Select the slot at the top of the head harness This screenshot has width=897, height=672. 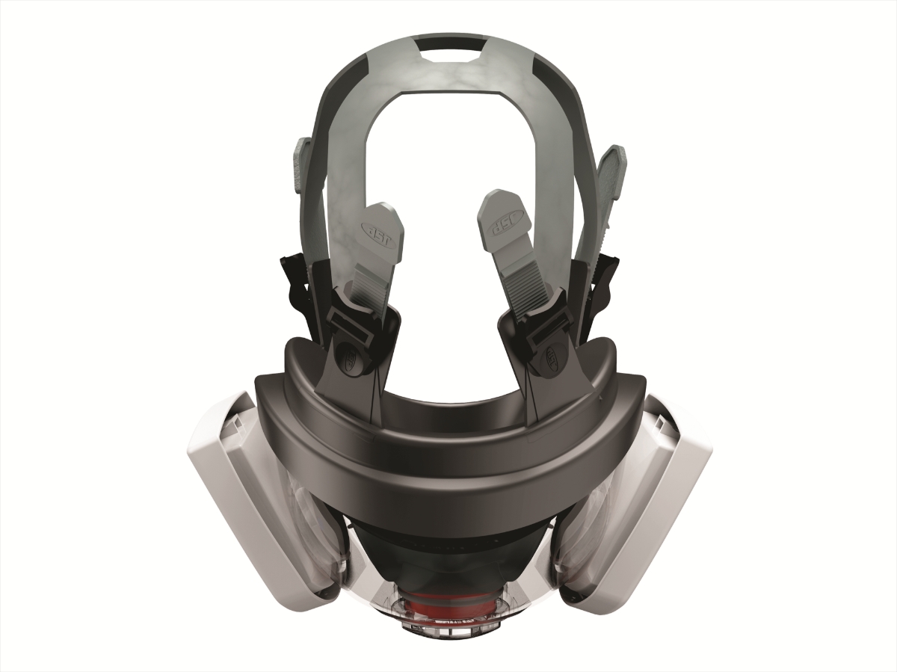point(449,54)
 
